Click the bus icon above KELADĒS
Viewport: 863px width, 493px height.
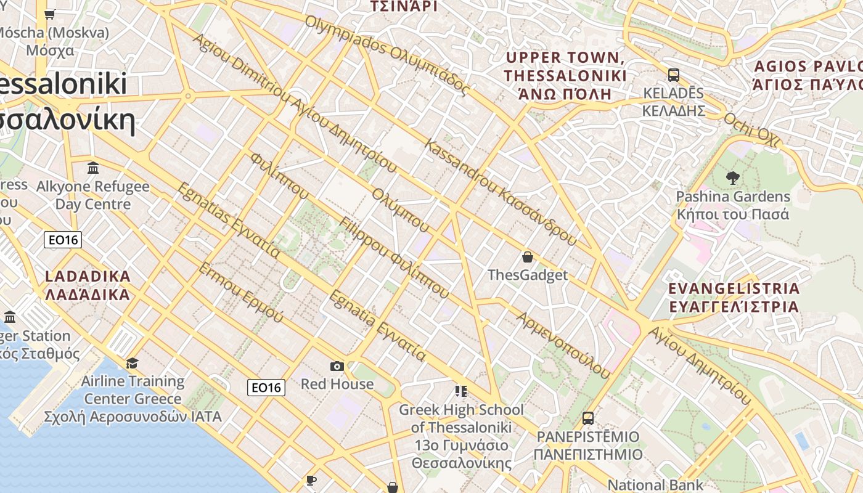(x=674, y=75)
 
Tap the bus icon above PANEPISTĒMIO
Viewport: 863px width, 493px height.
(x=588, y=418)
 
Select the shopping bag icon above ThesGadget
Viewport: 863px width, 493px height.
(x=527, y=257)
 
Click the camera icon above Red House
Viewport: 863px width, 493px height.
(x=337, y=367)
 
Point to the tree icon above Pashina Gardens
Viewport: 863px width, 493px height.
(x=733, y=179)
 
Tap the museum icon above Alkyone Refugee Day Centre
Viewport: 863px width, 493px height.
(x=93, y=168)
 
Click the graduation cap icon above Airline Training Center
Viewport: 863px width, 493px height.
(x=132, y=363)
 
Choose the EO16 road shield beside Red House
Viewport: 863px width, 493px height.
(x=267, y=387)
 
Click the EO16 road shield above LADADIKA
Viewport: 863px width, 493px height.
(x=63, y=240)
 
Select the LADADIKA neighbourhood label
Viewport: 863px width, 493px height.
(x=88, y=285)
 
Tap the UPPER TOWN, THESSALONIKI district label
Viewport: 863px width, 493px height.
(x=565, y=76)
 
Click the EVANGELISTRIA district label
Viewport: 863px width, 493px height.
(x=734, y=297)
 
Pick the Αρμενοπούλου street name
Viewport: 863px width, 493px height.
(x=563, y=345)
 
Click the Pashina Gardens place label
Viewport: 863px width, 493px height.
(x=733, y=205)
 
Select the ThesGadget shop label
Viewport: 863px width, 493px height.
(x=527, y=275)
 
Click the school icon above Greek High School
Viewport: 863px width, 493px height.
(x=460, y=391)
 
